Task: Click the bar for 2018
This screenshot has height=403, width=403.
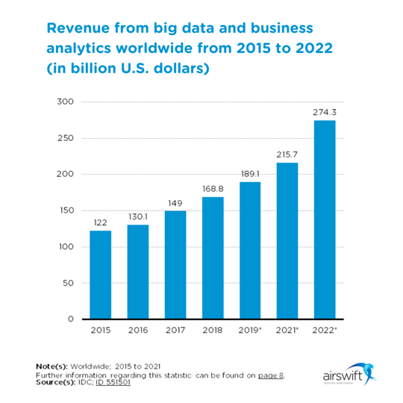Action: click(213, 257)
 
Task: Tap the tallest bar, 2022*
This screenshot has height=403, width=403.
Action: click(325, 219)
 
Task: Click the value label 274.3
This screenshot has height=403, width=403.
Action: click(325, 112)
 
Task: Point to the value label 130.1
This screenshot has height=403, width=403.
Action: click(137, 216)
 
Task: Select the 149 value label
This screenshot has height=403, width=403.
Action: click(175, 202)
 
